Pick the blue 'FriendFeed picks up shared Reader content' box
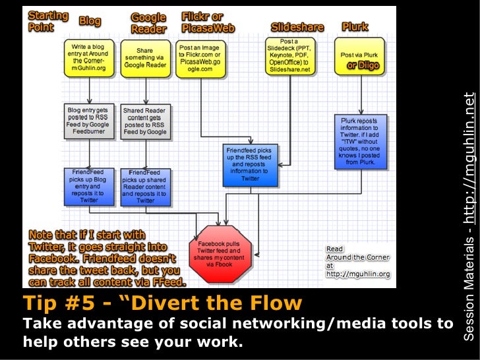tap(145, 186)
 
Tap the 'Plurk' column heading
tap(355, 26)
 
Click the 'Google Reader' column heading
tap(148, 23)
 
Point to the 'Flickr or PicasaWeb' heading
tap(204, 22)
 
